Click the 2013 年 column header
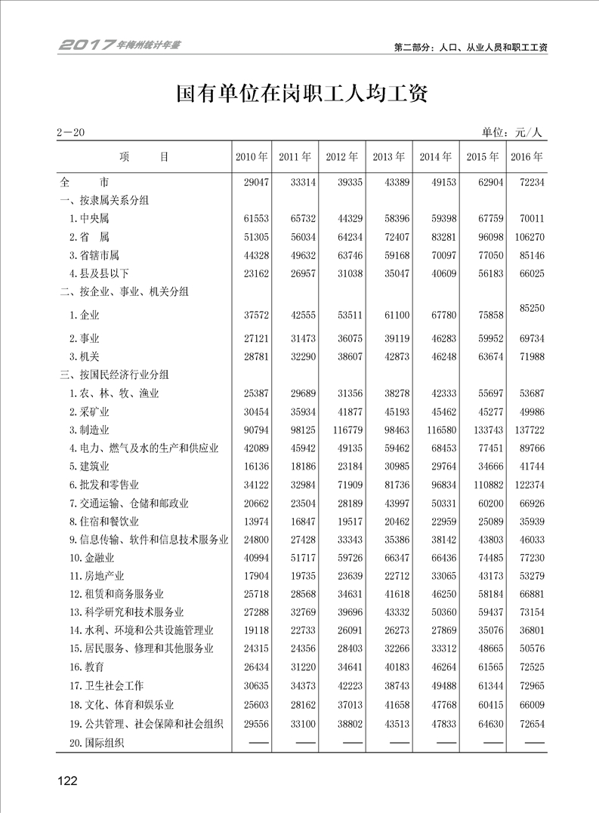pos(388,157)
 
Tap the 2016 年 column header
pos(527,157)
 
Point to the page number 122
pos(67,781)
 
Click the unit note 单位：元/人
pos(512,133)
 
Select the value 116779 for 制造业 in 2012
pos(343,430)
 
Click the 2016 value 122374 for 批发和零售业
pos(527,485)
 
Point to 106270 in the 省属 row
pos(527,237)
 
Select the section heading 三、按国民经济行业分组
pos(114,374)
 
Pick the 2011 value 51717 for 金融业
pos(295,558)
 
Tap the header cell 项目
pos(144,157)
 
